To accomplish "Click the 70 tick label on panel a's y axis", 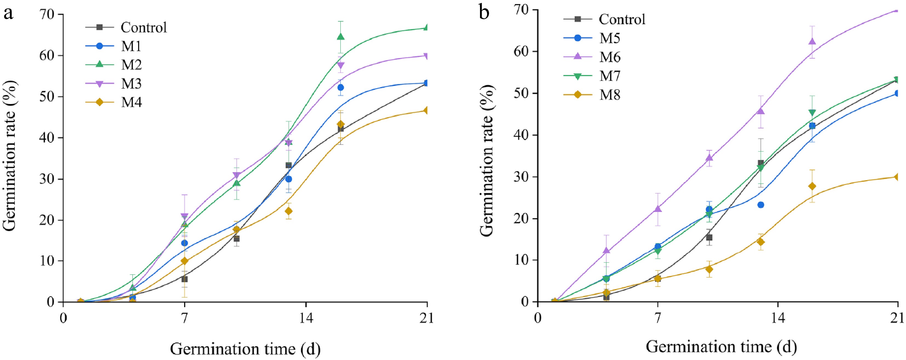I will click(47, 15).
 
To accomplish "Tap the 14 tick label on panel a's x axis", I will click(306, 318).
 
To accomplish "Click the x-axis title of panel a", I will click(245, 349).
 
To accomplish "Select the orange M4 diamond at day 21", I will click(426, 110).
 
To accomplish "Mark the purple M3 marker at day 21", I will click(426, 56).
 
